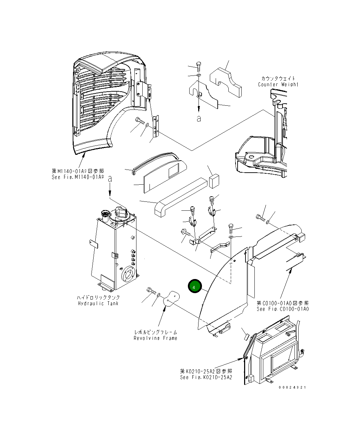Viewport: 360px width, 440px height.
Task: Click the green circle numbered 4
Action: click(x=194, y=287)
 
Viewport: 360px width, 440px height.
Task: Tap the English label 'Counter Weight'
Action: click(x=278, y=84)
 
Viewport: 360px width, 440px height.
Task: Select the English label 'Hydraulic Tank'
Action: click(x=98, y=303)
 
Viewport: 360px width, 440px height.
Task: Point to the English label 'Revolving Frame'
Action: click(x=155, y=338)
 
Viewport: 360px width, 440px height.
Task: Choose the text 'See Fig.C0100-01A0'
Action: click(x=283, y=309)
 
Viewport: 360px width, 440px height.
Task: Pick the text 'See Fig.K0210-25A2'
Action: click(x=206, y=377)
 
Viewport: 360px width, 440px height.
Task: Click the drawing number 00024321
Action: click(x=292, y=387)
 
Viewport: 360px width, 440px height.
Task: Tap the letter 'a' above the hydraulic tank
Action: click(x=110, y=179)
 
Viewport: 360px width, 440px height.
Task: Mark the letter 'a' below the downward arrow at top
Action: click(x=199, y=119)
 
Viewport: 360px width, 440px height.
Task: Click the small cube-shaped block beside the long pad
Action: click(x=214, y=181)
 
